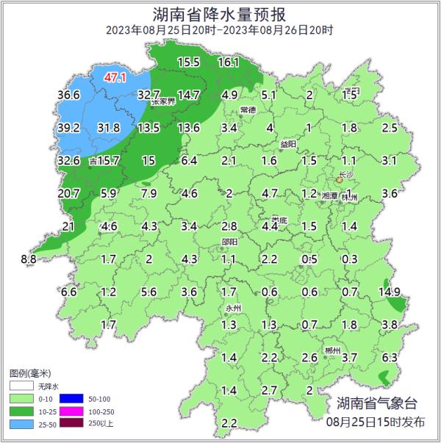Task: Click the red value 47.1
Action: click(x=116, y=76)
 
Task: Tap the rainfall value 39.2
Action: click(x=68, y=128)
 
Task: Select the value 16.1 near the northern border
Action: click(x=229, y=62)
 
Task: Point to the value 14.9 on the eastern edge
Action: click(x=389, y=292)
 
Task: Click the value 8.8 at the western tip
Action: click(x=29, y=259)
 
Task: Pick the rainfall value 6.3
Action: click(x=390, y=357)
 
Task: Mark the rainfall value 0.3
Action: click(x=350, y=259)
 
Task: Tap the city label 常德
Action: click(x=248, y=109)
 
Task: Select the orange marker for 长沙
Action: click(x=339, y=179)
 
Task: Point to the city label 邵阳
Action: click(x=229, y=242)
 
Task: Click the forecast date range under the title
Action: click(x=220, y=30)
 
